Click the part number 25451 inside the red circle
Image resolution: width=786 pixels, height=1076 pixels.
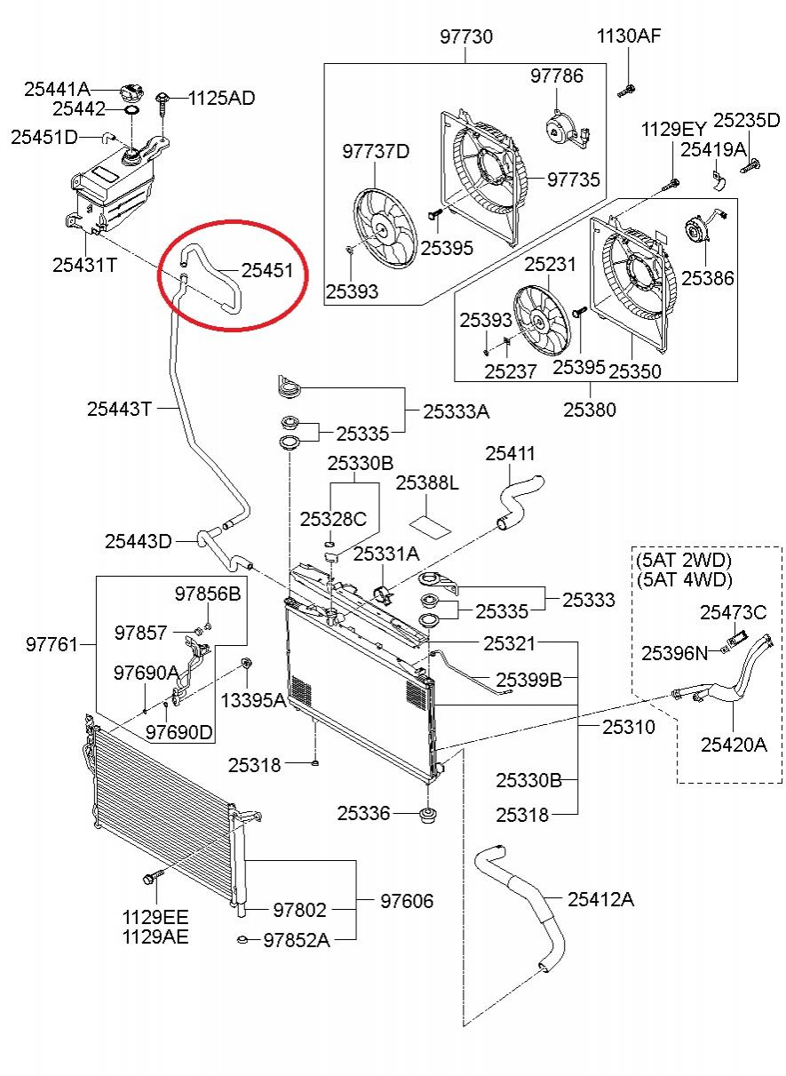pyautogui.click(x=267, y=269)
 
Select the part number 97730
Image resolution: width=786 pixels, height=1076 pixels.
pyautogui.click(x=466, y=37)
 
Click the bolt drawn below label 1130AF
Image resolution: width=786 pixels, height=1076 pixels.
pyautogui.click(x=627, y=88)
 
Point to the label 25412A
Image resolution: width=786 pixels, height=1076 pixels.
pyautogui.click(x=600, y=899)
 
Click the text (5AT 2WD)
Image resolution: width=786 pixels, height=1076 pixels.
pyautogui.click(x=683, y=561)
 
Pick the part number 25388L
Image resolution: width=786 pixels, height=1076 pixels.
pyautogui.click(x=426, y=482)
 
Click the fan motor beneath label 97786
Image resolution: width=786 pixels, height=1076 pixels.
pyautogui.click(x=560, y=128)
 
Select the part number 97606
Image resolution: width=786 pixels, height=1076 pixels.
pyautogui.click(x=407, y=901)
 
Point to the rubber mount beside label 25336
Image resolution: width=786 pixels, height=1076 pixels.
pyautogui.click(x=428, y=814)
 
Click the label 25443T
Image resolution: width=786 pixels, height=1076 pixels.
pyautogui.click(x=120, y=409)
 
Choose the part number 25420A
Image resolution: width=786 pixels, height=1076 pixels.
pyautogui.click(x=733, y=745)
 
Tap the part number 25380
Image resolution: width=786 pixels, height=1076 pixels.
pyautogui.click(x=589, y=410)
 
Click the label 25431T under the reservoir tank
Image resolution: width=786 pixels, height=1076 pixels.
pyautogui.click(x=84, y=264)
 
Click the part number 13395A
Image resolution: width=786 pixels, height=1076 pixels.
pyautogui.click(x=253, y=700)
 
